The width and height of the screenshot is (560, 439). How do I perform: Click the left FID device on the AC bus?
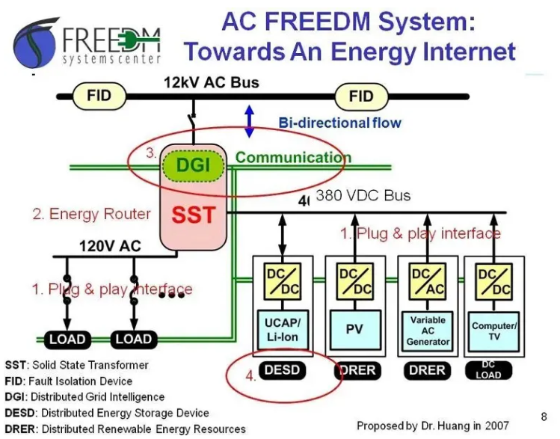coord(99,96)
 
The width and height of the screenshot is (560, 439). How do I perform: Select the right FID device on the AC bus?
coord(361,96)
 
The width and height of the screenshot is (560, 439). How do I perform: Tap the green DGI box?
coord(193,165)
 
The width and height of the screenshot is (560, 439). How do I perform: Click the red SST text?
coord(194,215)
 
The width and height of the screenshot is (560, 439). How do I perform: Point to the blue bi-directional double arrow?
coord(249,121)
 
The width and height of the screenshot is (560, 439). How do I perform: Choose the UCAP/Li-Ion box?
coord(283,330)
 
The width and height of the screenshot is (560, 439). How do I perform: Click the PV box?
coord(355,329)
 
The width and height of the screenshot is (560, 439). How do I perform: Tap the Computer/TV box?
coord(494,331)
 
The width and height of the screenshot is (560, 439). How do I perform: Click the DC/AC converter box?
coord(428,281)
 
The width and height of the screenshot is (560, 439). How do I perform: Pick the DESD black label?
coord(282,369)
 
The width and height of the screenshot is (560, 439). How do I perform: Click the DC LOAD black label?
coord(488,370)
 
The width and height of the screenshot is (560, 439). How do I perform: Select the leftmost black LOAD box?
coord(67,339)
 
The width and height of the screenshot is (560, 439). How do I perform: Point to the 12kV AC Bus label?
coord(212,82)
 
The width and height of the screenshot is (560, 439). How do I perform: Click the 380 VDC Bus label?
coord(363,195)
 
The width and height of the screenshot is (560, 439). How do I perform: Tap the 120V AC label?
coord(110,246)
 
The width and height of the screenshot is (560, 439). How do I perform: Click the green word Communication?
coord(293,157)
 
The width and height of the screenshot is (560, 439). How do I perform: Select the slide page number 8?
coord(544,417)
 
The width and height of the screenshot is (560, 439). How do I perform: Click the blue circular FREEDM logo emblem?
coord(36,43)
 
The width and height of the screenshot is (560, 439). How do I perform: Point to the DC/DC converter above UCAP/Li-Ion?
coord(283,281)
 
